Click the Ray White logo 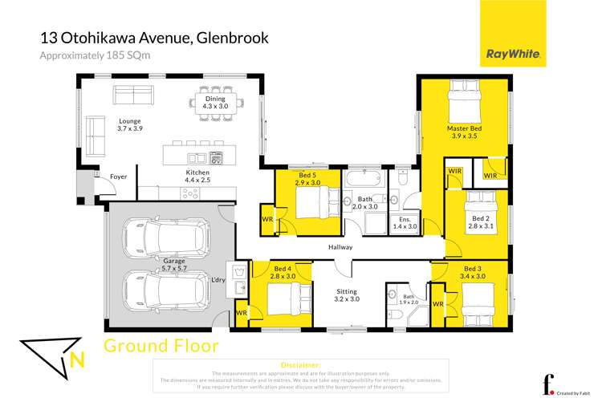(513, 55)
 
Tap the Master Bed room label (464, 132)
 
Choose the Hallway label (340, 247)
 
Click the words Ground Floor (161, 347)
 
